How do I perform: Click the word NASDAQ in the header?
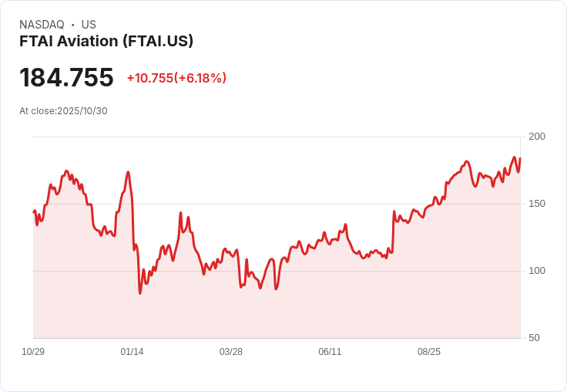coord(42,25)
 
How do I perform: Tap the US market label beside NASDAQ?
coord(89,25)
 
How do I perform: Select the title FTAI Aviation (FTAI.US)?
coord(106,42)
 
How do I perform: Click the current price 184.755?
coord(66,78)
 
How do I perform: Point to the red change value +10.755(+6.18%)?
coord(176,78)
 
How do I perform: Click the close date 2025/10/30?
coord(82,111)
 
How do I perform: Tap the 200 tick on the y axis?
coord(537,137)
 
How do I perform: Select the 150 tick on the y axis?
coord(537,204)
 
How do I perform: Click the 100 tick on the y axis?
coord(537,271)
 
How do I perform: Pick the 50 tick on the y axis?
coord(534,338)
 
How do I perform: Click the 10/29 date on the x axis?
coord(33,352)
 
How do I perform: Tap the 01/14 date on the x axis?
coord(132,352)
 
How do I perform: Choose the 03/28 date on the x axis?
coord(231,352)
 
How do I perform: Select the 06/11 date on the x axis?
coord(330,352)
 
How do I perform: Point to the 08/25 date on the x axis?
coord(429,352)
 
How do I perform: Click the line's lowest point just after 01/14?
coord(140,293)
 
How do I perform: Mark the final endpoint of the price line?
coord(520,158)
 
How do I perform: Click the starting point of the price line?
coord(34,211)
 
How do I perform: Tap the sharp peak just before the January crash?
coord(128,172)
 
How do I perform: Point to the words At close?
coord(38,111)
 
